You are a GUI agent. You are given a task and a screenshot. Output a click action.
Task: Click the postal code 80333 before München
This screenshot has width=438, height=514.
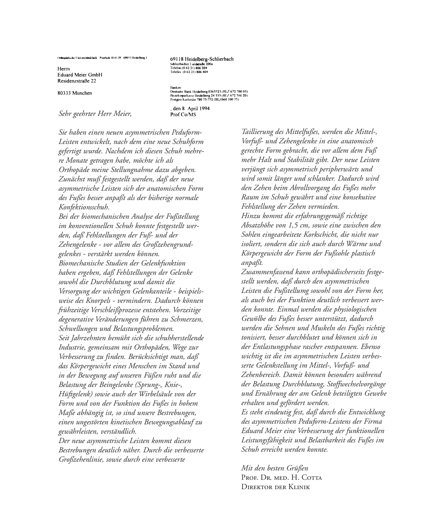[64, 93]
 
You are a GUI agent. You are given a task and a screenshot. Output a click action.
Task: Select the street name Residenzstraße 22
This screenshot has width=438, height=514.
[77, 81]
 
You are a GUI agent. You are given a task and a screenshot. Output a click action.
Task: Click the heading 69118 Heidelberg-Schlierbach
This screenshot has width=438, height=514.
[202, 59]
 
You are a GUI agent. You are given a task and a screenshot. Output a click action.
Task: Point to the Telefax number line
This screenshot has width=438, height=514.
[189, 72]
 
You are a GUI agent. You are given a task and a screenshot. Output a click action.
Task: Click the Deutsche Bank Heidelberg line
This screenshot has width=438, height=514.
[209, 91]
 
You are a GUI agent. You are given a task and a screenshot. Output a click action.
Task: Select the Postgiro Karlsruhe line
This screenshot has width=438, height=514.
[205, 100]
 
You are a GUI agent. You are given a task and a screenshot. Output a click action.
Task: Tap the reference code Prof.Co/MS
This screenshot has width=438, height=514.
[183, 115]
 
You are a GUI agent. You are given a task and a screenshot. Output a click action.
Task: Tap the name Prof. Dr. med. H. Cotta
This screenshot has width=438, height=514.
[282, 478]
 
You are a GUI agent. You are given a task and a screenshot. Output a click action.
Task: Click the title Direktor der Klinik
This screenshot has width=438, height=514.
[276, 487]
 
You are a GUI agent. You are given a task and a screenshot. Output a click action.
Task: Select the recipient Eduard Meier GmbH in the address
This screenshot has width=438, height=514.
[80, 75]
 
